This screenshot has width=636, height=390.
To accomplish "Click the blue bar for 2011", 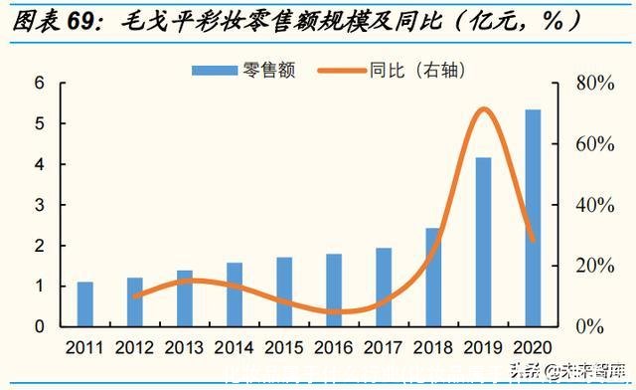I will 85,303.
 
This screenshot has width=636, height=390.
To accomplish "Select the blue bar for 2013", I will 185,297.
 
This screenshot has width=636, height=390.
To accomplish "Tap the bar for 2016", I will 334,290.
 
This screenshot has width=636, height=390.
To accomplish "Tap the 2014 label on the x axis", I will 235,348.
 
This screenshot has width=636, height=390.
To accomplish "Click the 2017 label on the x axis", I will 384,348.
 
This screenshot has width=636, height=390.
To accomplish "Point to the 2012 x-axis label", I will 135,348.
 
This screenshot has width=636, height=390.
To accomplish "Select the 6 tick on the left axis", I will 41,83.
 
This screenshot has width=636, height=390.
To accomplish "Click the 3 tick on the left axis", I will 41,205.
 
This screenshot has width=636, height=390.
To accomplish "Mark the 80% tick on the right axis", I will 595,83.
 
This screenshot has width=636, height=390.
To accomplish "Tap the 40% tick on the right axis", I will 595,205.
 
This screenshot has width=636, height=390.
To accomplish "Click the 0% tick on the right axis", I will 590,326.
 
